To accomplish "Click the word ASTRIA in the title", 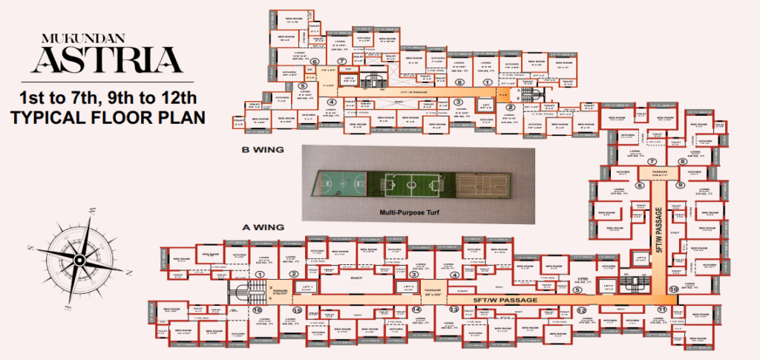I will (x=109, y=60).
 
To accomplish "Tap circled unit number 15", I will (x=298, y=310).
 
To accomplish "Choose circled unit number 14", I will (x=416, y=309).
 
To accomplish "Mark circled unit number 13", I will (x=453, y=309).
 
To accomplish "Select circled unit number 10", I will (x=673, y=289).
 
